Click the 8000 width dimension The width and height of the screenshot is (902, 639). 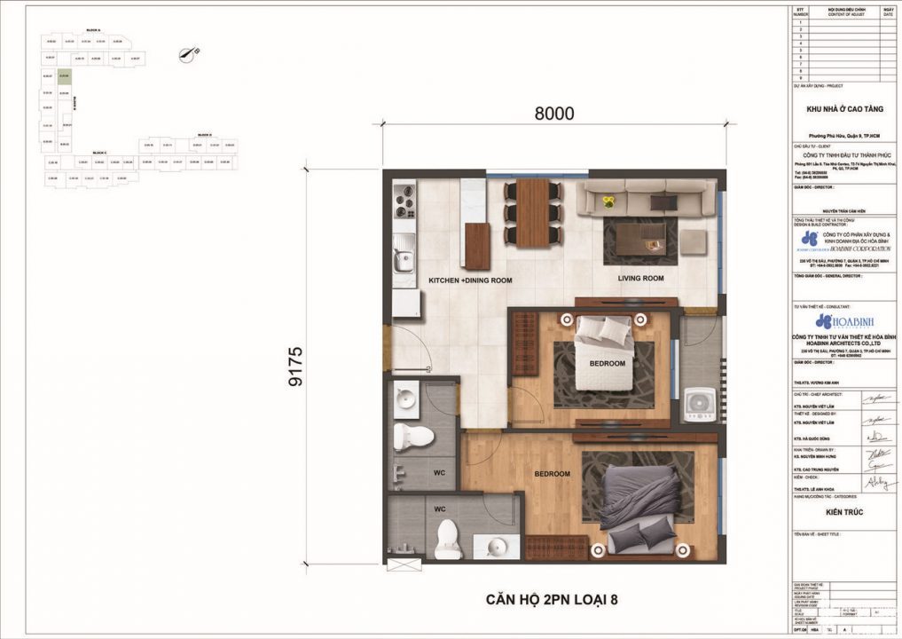point(554,114)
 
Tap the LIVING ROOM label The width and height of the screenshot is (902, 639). point(640,279)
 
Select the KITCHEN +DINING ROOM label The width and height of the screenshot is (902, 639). point(470,280)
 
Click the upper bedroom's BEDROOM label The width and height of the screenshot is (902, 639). point(608,364)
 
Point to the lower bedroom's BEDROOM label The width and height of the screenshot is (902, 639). point(552,474)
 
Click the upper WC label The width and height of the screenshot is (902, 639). point(438,472)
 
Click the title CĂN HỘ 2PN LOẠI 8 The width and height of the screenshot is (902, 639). point(552,598)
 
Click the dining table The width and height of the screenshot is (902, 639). point(532,212)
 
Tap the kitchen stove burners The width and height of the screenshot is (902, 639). point(404,201)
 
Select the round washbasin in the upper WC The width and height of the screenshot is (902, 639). point(406,399)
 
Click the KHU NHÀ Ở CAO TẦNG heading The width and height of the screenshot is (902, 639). point(843,109)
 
